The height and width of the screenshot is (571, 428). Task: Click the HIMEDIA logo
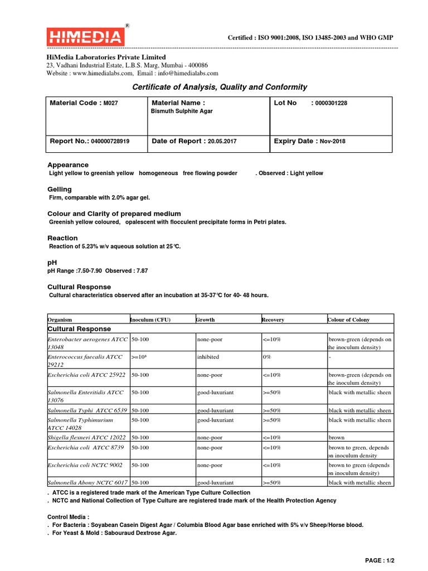coord(85,37)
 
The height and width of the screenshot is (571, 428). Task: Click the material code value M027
coord(111,104)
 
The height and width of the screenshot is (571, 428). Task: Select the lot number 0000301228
coord(331,104)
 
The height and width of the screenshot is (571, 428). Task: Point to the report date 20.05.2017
coord(222,142)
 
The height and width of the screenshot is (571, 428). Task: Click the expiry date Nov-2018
coord(332,142)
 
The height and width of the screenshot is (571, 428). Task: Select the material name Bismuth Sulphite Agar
coord(182,112)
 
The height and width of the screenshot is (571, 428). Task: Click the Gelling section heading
coord(59,190)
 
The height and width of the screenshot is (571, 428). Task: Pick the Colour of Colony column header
coord(348,320)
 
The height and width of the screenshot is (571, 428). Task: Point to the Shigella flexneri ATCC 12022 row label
coord(87,437)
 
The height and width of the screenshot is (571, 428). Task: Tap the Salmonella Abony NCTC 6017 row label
coord(87,482)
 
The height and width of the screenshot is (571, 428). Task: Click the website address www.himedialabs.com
coord(103,73)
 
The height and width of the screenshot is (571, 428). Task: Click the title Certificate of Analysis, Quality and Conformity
coord(219,87)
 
